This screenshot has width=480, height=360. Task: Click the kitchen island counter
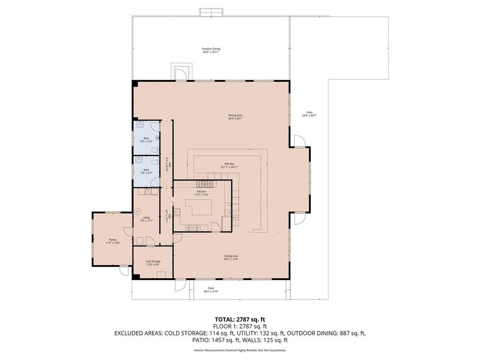click(x=201, y=208)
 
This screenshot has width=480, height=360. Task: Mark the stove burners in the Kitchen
click(x=205, y=184)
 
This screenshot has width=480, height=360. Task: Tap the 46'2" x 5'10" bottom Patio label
click(x=211, y=290)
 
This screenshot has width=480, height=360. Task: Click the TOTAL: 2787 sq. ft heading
click(x=239, y=319)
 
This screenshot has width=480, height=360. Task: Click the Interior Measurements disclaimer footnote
click(x=239, y=350)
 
